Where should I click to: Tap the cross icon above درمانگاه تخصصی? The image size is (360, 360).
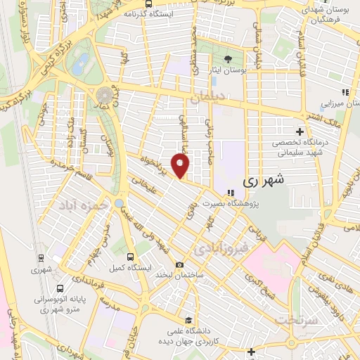[x=300, y=131]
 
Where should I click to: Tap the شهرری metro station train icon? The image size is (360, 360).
[x=41, y=257]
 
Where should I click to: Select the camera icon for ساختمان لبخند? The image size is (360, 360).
[x=181, y=265]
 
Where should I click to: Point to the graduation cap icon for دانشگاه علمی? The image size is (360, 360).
[x=186, y=320]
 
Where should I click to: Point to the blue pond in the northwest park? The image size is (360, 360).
[x=82, y=60]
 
